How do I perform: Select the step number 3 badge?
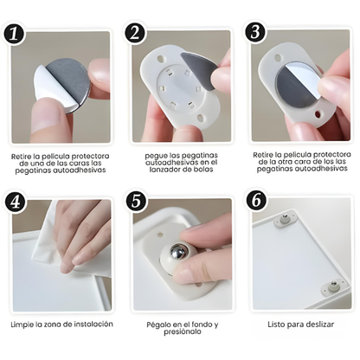click(254, 33)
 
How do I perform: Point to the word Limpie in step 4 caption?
click(24, 325)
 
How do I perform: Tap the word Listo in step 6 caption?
click(274, 325)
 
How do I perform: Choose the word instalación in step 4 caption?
click(89, 325)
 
